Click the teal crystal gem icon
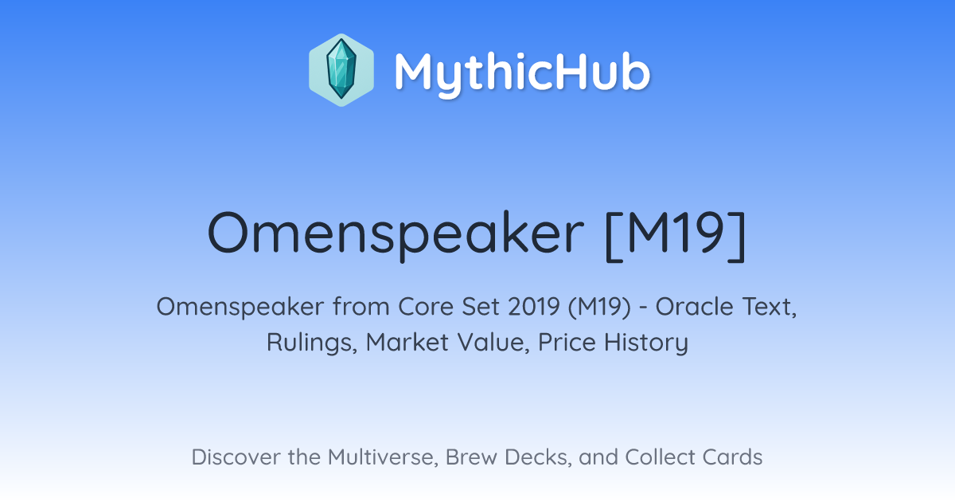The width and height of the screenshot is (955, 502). [x=341, y=70]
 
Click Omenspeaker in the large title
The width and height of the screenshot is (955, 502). [x=396, y=235]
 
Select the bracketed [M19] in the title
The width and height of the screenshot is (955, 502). [x=676, y=235]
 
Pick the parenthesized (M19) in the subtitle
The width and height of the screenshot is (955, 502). [x=599, y=307]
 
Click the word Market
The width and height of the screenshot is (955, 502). [x=407, y=343]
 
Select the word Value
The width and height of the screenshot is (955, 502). [x=493, y=343]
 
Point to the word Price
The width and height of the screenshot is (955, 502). [x=567, y=343]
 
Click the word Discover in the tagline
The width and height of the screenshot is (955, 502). [x=236, y=457]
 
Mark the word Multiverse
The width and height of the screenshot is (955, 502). [x=384, y=457]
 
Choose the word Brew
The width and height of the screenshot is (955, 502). [x=471, y=457]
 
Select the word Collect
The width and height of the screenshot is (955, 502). [x=660, y=457]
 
